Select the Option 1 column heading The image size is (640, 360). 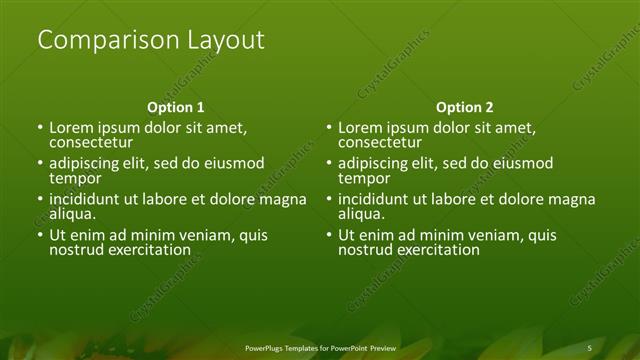pyautogui.click(x=176, y=107)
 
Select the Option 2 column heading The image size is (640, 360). pyautogui.click(x=465, y=107)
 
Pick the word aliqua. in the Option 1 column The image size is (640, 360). pyautogui.click(x=73, y=214)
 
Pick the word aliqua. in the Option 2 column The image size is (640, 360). pyautogui.click(x=361, y=214)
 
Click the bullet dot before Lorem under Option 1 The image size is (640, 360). pyautogui.click(x=40, y=129)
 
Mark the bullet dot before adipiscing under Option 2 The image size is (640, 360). pyautogui.click(x=329, y=164)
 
